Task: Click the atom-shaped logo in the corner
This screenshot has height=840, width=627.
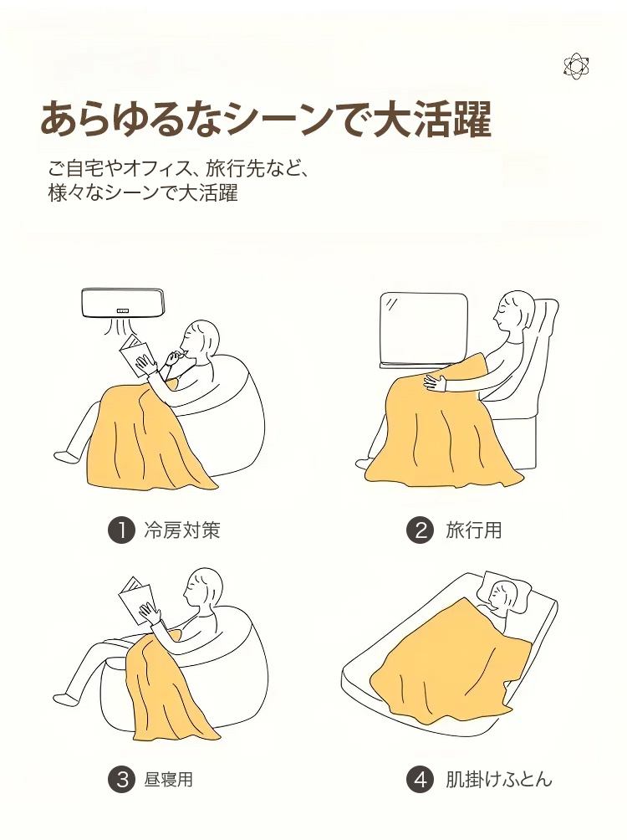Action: pyautogui.click(x=576, y=66)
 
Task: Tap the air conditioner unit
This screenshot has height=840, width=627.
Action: pyautogui.click(x=123, y=303)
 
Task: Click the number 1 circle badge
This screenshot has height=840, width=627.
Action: pyautogui.click(x=120, y=530)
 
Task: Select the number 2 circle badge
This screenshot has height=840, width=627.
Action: pyautogui.click(x=420, y=530)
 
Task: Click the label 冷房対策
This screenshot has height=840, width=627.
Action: pyautogui.click(x=182, y=530)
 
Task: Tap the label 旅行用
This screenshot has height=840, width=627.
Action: pyautogui.click(x=474, y=530)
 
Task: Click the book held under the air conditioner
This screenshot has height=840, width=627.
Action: pyautogui.click(x=135, y=355)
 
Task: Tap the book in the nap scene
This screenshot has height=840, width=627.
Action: pyautogui.click(x=135, y=599)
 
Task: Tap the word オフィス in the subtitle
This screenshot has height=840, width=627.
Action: pyautogui.click(x=157, y=169)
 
